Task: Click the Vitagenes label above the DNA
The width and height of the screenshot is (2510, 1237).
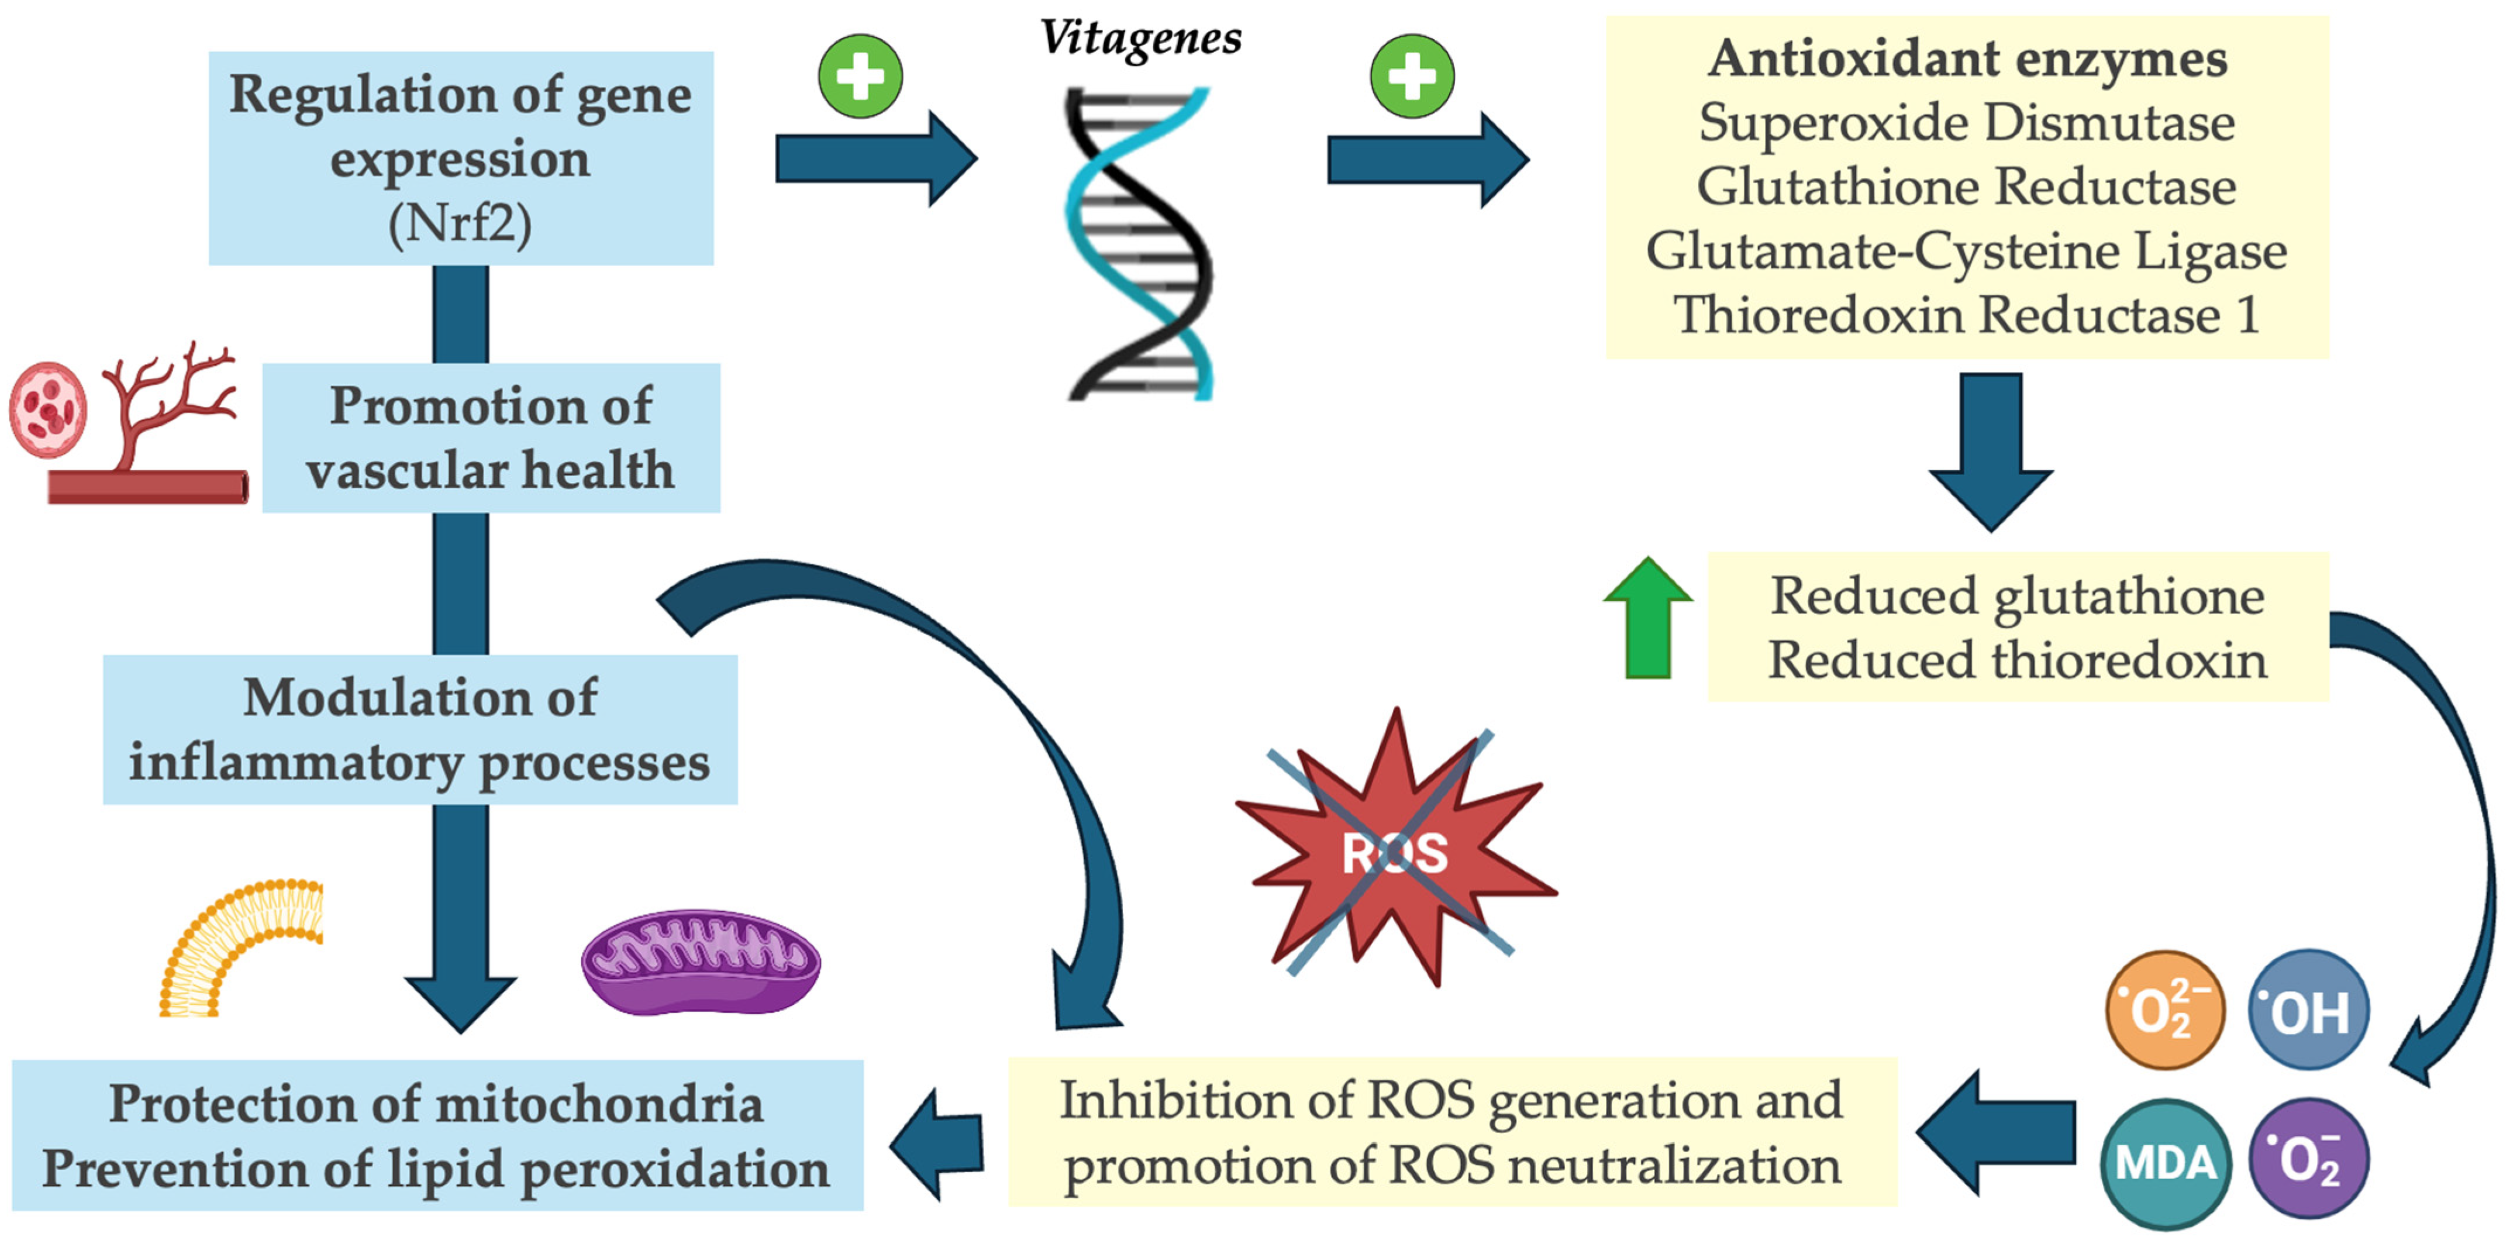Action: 1140,39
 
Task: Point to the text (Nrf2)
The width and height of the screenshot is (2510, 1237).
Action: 460,224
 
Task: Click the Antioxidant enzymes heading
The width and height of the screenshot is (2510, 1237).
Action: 1967,58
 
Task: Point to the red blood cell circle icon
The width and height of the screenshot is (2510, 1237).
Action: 48,409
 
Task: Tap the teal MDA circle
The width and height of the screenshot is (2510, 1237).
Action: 2165,1163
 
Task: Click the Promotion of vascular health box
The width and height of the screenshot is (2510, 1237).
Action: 491,437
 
